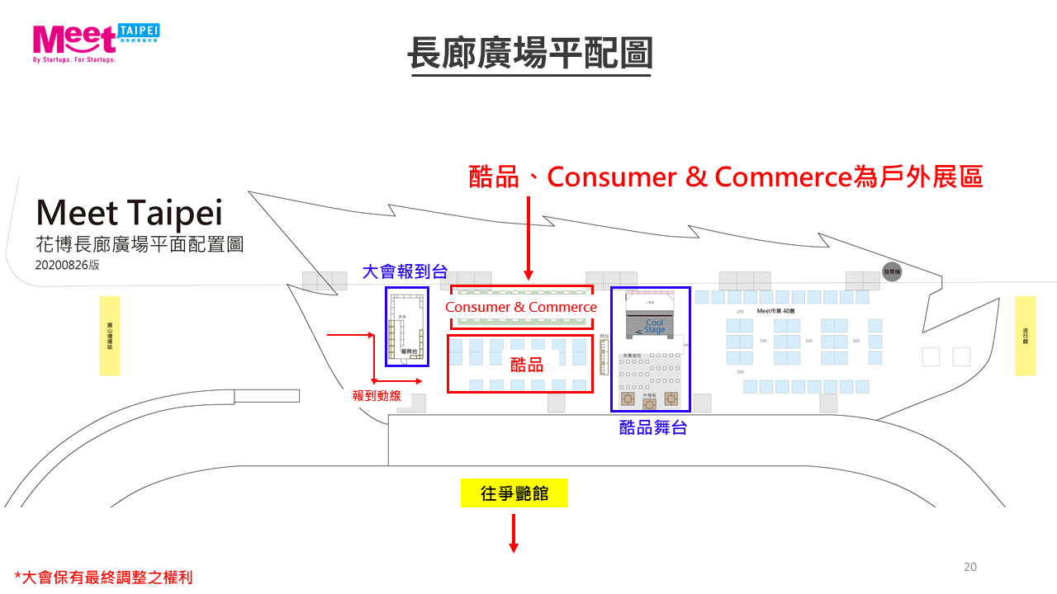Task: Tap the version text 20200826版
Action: (x=67, y=266)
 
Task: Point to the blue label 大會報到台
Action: (x=405, y=271)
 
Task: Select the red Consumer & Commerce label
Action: (x=521, y=307)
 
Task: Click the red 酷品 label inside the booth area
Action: (x=526, y=364)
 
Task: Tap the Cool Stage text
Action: (x=654, y=326)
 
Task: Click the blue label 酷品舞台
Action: (x=653, y=427)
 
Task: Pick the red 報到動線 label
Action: (x=377, y=395)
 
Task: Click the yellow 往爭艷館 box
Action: (x=514, y=493)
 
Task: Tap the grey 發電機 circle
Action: (x=892, y=271)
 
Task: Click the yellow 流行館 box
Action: (x=1025, y=336)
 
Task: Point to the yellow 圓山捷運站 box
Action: (x=110, y=336)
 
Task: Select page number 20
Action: (x=970, y=567)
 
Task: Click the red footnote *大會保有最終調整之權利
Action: (x=103, y=577)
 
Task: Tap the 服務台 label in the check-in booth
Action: (x=410, y=351)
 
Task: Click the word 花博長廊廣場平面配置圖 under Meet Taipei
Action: (x=140, y=245)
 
